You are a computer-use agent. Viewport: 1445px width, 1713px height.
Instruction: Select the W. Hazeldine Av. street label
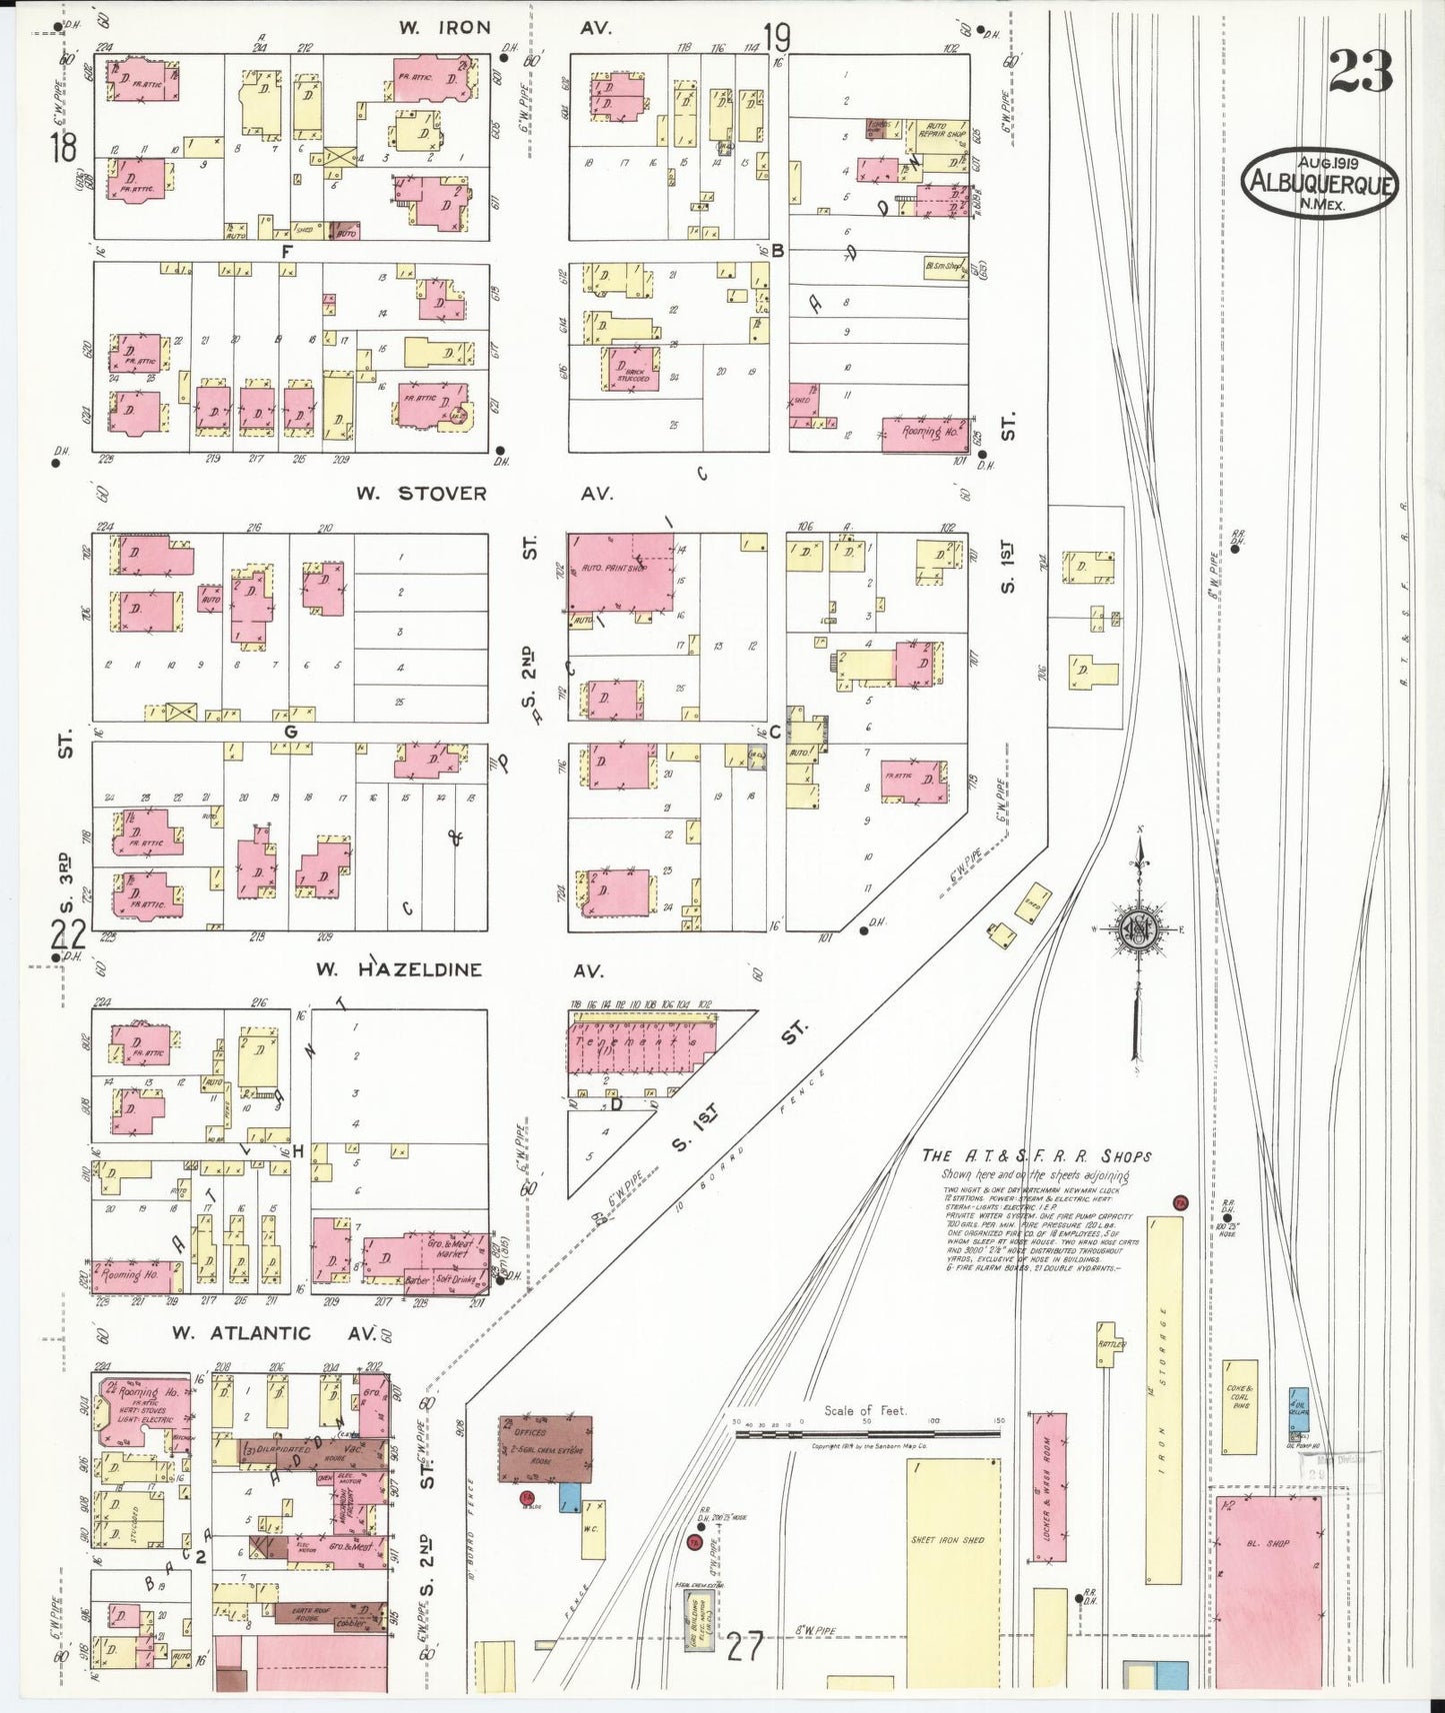(454, 969)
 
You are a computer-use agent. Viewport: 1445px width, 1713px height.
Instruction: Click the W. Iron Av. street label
(505, 28)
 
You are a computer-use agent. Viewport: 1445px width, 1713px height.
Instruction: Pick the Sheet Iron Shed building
(952, 1564)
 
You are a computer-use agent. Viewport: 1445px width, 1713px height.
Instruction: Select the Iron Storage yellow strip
(1164, 1399)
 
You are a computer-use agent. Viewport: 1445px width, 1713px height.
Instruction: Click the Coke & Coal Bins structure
(1240, 1406)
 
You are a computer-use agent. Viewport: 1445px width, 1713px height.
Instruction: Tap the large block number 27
(745, 1645)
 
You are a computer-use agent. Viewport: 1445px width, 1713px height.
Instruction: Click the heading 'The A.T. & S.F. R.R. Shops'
(1036, 1156)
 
